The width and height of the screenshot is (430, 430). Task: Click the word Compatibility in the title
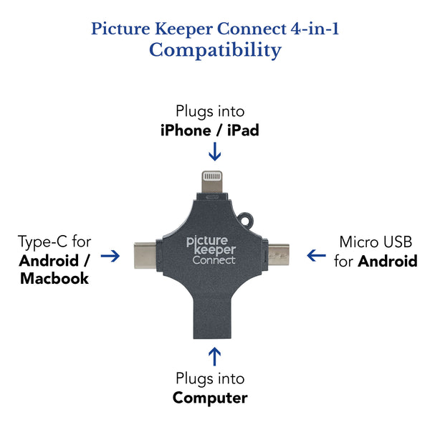click(x=215, y=50)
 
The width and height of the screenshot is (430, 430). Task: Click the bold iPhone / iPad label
click(x=210, y=131)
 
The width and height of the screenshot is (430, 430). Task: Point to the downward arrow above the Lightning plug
click(x=214, y=152)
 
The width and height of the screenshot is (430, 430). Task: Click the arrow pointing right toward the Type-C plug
click(x=110, y=256)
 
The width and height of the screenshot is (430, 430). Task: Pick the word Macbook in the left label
click(x=54, y=278)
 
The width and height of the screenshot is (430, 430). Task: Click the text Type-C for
click(x=54, y=242)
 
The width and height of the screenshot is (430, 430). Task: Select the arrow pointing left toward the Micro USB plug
click(x=316, y=255)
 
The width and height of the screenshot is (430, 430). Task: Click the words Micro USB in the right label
click(x=376, y=242)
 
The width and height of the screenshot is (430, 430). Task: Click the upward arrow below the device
click(x=214, y=355)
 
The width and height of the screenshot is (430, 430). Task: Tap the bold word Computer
click(x=210, y=398)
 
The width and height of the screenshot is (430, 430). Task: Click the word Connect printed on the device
click(x=214, y=259)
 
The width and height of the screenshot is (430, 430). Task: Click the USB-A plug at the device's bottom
click(x=214, y=315)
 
